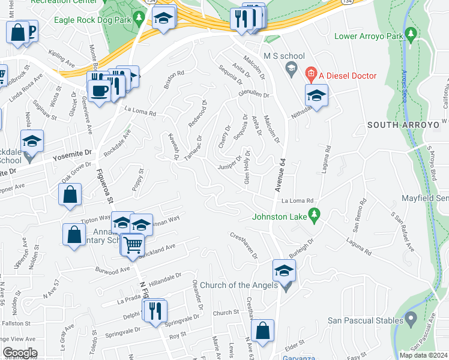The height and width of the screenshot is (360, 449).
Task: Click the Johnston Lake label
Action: click(x=279, y=217)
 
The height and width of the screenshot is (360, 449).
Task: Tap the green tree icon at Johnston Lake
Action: click(x=314, y=214)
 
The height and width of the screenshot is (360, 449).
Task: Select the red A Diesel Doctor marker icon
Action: click(x=310, y=76)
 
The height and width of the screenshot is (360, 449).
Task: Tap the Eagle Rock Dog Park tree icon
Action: click(x=139, y=19)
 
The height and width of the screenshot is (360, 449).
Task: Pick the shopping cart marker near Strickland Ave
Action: click(x=133, y=244)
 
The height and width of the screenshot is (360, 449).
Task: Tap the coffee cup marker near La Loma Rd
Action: click(x=98, y=91)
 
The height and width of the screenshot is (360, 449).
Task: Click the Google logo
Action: click(x=20, y=353)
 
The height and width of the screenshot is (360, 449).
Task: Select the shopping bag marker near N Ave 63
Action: click(x=263, y=330)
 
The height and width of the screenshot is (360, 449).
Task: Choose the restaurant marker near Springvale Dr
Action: click(x=155, y=310)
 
